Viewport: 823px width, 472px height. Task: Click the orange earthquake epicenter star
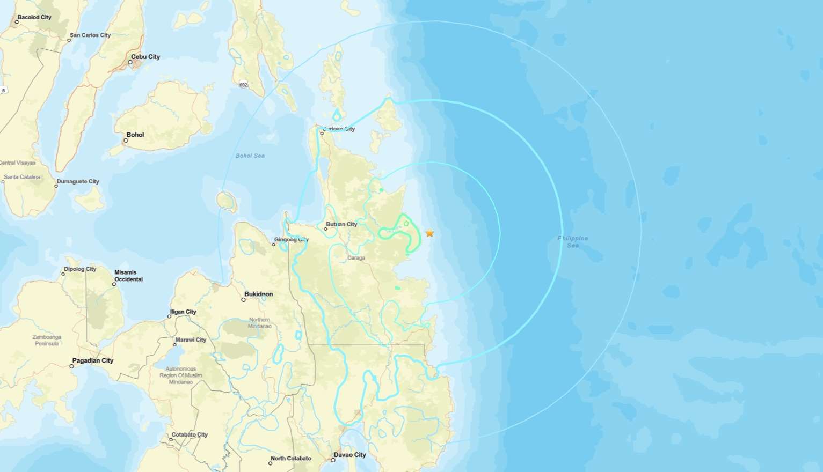(x=429, y=233)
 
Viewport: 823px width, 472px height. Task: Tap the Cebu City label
(x=145, y=57)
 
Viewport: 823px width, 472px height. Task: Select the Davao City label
(x=349, y=455)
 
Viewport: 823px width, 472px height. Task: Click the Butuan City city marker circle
(x=326, y=229)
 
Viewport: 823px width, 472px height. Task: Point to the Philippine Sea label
(x=573, y=242)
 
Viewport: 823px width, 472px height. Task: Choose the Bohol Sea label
(x=250, y=156)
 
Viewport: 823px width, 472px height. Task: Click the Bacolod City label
(x=34, y=17)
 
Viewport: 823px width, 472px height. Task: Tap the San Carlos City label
(x=90, y=35)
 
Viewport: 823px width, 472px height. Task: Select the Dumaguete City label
(x=78, y=182)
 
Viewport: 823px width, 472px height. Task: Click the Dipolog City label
(x=80, y=269)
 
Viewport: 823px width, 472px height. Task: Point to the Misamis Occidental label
(x=128, y=276)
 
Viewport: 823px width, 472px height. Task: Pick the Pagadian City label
(x=93, y=361)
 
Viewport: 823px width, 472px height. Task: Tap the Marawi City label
(x=191, y=340)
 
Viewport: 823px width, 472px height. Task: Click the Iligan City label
(x=183, y=312)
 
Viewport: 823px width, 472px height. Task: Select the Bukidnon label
(x=258, y=294)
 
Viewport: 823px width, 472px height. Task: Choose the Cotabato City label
(x=190, y=435)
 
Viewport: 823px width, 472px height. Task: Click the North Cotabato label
(x=291, y=459)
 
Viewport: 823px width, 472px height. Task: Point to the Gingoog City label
(x=292, y=240)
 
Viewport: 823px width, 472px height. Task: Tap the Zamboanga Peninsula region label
(x=47, y=340)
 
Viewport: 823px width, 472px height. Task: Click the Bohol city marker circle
(x=126, y=141)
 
